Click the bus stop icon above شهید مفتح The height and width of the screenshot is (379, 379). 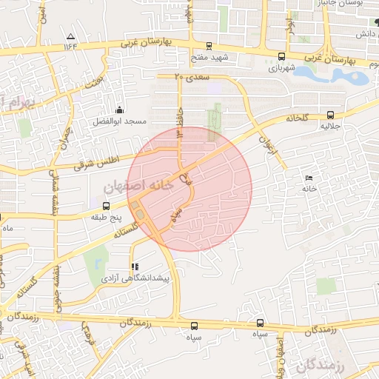(209, 46)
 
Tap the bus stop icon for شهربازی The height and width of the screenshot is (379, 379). (281, 56)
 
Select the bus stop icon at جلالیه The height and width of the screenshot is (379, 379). (330, 115)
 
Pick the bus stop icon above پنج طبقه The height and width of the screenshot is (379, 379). (105, 206)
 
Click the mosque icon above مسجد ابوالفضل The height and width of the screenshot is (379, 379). (119, 110)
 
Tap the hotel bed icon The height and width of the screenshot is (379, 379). (309, 178)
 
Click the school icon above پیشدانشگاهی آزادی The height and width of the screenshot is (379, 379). (134, 266)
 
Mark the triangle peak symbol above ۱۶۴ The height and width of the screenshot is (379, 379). (70, 36)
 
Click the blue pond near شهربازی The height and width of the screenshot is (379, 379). (337, 74)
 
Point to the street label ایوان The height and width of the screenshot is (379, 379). (266, 136)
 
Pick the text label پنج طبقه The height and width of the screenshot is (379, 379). (104, 218)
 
